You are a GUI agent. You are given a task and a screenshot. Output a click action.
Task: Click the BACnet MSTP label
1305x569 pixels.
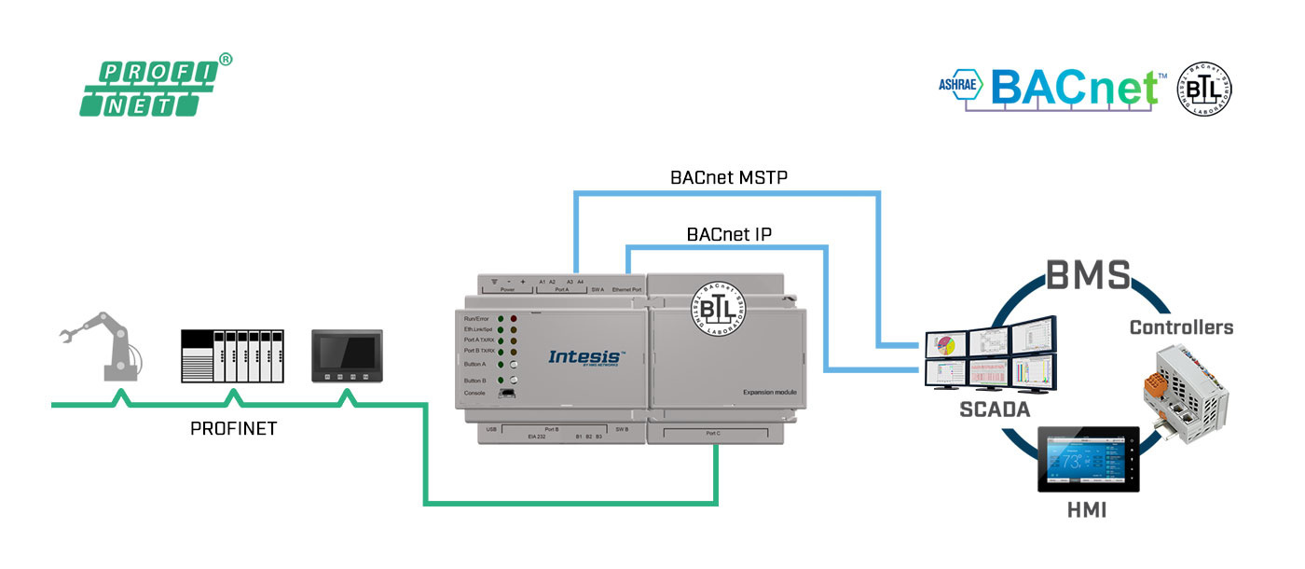point(730,176)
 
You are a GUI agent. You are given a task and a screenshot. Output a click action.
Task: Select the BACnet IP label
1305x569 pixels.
point(729,233)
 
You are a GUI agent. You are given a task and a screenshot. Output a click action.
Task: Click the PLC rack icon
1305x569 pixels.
point(231,355)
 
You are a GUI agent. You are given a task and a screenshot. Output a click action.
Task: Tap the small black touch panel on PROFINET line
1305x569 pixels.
point(347,354)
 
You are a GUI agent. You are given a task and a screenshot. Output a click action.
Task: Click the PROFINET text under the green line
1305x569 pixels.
point(233,429)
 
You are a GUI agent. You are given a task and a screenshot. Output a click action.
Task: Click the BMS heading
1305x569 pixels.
point(1088,275)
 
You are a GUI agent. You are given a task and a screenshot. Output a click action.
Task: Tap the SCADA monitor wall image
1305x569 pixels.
point(989,352)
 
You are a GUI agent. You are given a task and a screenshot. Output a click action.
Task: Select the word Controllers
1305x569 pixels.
point(1181,327)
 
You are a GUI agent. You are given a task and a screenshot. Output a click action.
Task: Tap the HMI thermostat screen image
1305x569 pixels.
point(1088,459)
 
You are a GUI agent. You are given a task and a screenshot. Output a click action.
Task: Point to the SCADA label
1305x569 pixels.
point(996,409)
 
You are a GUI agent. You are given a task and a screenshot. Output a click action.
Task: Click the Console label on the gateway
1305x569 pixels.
point(475,393)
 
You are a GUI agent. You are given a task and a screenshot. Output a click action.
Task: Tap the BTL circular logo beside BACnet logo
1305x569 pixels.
point(1204,89)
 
